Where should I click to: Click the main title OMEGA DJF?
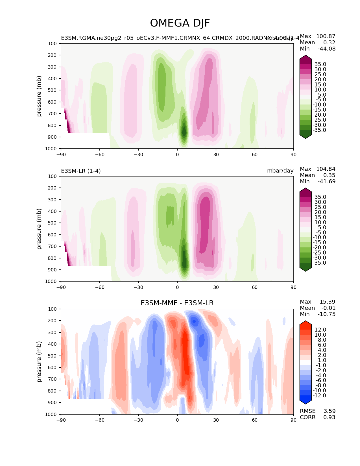tap(180, 23)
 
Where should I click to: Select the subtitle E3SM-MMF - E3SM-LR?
tap(177, 303)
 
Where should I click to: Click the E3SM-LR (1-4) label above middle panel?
tap(81, 171)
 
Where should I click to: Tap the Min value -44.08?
tap(326, 49)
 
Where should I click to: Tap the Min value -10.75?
tap(326, 314)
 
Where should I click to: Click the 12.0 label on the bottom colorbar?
tap(320, 330)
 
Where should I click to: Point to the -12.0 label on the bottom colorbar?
tap(319, 396)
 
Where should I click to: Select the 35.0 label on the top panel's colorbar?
tap(320, 64)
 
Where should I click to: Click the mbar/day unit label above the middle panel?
tap(280, 171)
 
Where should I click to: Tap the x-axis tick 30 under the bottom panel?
tap(216, 420)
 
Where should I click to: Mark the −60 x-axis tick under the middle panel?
tap(100, 287)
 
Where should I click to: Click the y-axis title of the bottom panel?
tap(39, 362)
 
